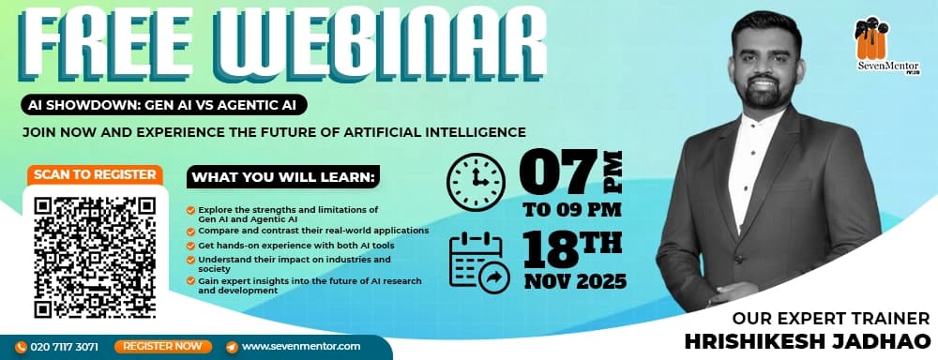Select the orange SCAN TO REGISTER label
tap(95, 174)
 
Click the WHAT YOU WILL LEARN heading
tap(283, 176)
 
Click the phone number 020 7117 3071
tap(64, 346)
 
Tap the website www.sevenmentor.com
tap(300, 346)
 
